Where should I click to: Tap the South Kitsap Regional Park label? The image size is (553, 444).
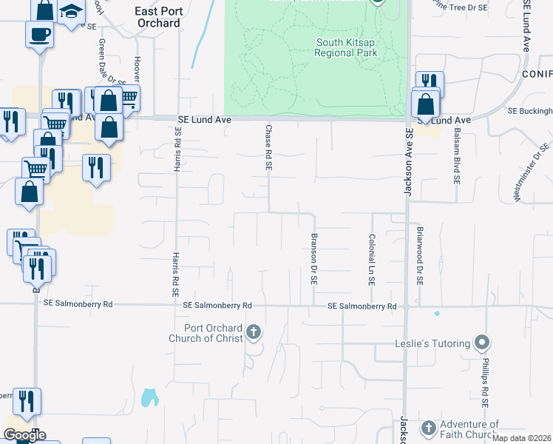(x=345, y=47)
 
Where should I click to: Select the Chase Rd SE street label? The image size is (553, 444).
(x=268, y=147)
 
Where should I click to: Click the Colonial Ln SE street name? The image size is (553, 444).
(x=372, y=260)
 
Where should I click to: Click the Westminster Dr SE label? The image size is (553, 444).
(x=532, y=171)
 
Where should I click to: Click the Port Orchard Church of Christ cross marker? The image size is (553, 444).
(x=254, y=332)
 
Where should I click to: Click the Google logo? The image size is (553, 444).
(x=24, y=435)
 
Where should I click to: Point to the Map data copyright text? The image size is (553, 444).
(x=522, y=438)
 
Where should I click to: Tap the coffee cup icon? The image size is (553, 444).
(x=38, y=33)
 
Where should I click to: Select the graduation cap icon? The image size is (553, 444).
(x=71, y=11)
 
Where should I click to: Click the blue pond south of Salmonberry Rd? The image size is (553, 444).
(x=149, y=397)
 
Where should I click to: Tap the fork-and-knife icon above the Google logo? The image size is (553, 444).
(x=27, y=401)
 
